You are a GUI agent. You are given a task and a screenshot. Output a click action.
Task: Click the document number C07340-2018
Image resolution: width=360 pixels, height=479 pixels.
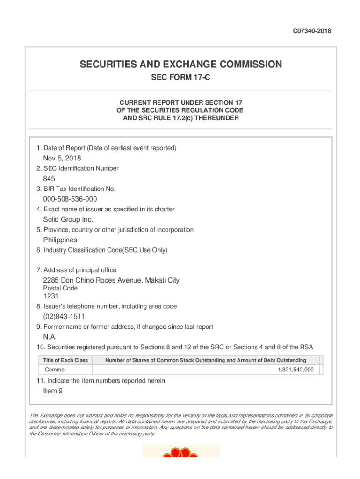(312, 31)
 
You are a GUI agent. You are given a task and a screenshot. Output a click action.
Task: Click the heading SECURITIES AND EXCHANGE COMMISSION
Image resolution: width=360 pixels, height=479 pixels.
(180, 65)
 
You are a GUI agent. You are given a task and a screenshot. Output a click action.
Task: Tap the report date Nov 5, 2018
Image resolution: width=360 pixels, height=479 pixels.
(62, 158)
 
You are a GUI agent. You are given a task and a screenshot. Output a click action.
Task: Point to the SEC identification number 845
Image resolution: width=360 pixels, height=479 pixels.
(49, 179)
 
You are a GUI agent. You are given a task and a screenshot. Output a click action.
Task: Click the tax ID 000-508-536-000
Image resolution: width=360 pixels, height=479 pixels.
(70, 199)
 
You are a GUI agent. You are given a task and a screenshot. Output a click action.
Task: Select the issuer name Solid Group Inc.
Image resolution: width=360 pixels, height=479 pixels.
(68, 219)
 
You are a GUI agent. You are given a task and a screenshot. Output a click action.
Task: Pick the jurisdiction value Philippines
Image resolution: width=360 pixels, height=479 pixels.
(60, 240)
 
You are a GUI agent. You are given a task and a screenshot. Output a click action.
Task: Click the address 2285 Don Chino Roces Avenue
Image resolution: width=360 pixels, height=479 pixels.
(111, 280)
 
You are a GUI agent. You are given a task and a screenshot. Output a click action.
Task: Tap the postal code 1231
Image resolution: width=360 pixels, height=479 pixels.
(51, 296)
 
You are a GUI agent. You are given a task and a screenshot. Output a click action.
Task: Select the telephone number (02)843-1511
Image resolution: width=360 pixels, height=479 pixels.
(64, 317)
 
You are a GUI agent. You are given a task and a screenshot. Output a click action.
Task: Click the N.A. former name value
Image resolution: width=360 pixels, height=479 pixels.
(50, 337)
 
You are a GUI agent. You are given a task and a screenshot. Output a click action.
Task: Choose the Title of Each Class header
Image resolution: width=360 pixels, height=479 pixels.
(65, 360)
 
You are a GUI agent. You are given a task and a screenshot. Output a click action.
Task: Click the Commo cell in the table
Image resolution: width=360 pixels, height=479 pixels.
(55, 370)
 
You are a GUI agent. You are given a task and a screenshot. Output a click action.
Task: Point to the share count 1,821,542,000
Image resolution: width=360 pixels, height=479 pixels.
(295, 370)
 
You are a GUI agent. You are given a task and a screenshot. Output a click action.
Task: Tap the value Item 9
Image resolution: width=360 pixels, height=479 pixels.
(53, 391)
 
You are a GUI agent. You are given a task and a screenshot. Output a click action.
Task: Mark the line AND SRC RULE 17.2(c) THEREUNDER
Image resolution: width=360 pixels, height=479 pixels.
(180, 118)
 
